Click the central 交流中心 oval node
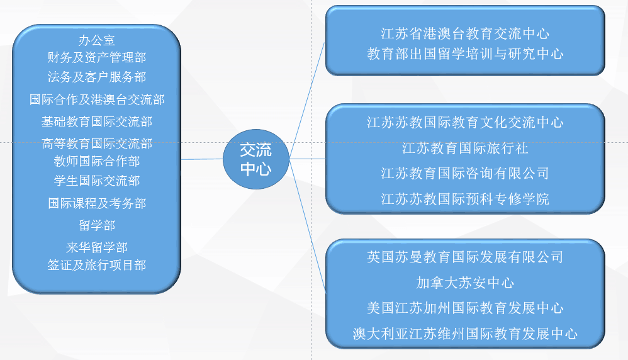pos(256,159)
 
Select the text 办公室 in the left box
pos(96,40)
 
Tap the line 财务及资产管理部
pos(96,57)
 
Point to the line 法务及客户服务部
pos(96,77)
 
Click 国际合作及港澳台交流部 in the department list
pos(96,99)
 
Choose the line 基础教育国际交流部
pos(96,121)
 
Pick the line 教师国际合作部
pos(96,161)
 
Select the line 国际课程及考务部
pos(96,203)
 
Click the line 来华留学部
pos(96,247)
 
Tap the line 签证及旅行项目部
pos(96,265)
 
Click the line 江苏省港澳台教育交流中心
pos(465,33)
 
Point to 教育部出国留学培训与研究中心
pos(465,53)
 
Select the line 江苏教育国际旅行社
pos(465,148)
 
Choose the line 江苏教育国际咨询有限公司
pos(465,174)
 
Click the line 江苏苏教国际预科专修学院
pos(465,199)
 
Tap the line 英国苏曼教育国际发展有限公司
pos(465,257)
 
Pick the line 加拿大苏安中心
pos(465,283)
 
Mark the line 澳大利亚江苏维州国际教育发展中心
pos(465,334)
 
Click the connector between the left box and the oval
pos(202,159)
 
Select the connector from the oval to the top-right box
pos(307,100)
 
